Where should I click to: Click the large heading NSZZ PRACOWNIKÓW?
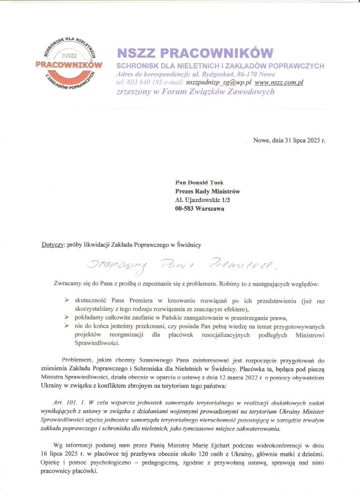tap(195, 53)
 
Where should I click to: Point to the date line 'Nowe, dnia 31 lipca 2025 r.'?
tap(289, 141)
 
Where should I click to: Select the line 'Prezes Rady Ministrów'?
tap(207, 191)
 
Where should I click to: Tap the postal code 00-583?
tap(185, 209)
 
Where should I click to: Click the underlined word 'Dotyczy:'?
tap(53, 245)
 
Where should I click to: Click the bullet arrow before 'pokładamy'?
tap(66, 318)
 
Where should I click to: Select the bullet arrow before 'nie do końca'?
tap(66, 326)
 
